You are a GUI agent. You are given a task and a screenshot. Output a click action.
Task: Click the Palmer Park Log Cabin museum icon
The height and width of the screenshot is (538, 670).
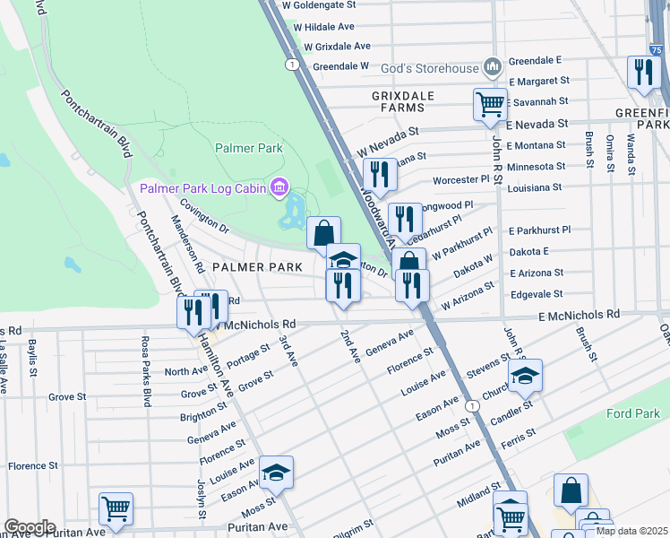click(x=279, y=188)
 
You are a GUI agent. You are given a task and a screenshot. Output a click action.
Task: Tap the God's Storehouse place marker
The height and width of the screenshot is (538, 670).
click(x=491, y=66)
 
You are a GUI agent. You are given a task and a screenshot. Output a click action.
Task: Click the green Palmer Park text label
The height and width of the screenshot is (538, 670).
click(x=248, y=148)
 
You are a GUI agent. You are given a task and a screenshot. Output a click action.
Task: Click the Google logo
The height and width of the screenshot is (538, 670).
click(x=29, y=527)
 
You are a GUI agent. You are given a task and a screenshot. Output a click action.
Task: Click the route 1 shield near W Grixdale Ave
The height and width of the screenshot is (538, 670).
click(x=292, y=64)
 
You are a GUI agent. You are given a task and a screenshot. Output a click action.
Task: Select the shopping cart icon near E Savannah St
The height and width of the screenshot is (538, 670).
click(x=489, y=104)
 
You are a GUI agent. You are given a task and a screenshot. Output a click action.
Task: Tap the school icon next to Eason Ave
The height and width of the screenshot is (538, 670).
click(x=277, y=472)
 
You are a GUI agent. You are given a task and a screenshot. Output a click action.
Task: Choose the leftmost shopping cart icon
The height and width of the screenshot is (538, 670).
click(x=116, y=508)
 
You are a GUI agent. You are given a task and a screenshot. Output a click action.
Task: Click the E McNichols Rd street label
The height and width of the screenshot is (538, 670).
click(x=580, y=315)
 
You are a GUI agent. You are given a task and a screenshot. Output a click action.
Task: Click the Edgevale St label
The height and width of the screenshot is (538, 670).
click(x=536, y=293)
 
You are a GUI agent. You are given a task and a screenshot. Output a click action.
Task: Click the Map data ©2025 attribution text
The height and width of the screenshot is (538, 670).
click(x=631, y=531)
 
